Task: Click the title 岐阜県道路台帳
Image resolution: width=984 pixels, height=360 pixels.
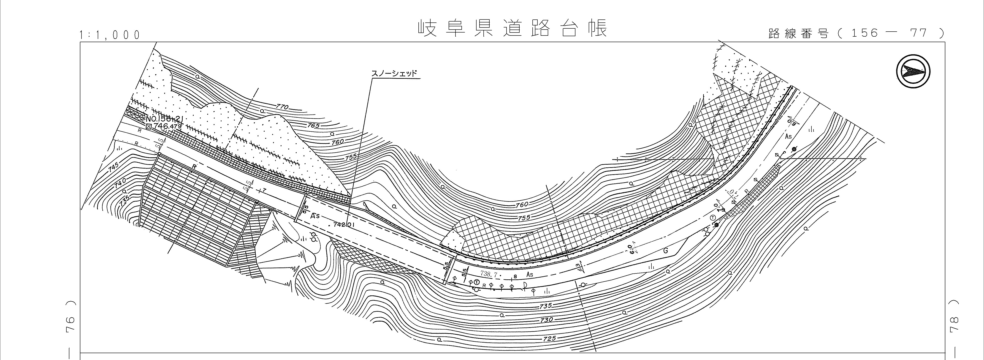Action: [x=512, y=29]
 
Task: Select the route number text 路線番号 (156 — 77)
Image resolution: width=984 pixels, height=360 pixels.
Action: [x=856, y=33]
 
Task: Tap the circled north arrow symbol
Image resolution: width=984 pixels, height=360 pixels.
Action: [x=913, y=71]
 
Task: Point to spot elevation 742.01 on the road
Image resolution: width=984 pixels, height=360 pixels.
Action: [x=344, y=225]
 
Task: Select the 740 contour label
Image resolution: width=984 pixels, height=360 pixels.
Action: [x=119, y=184]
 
